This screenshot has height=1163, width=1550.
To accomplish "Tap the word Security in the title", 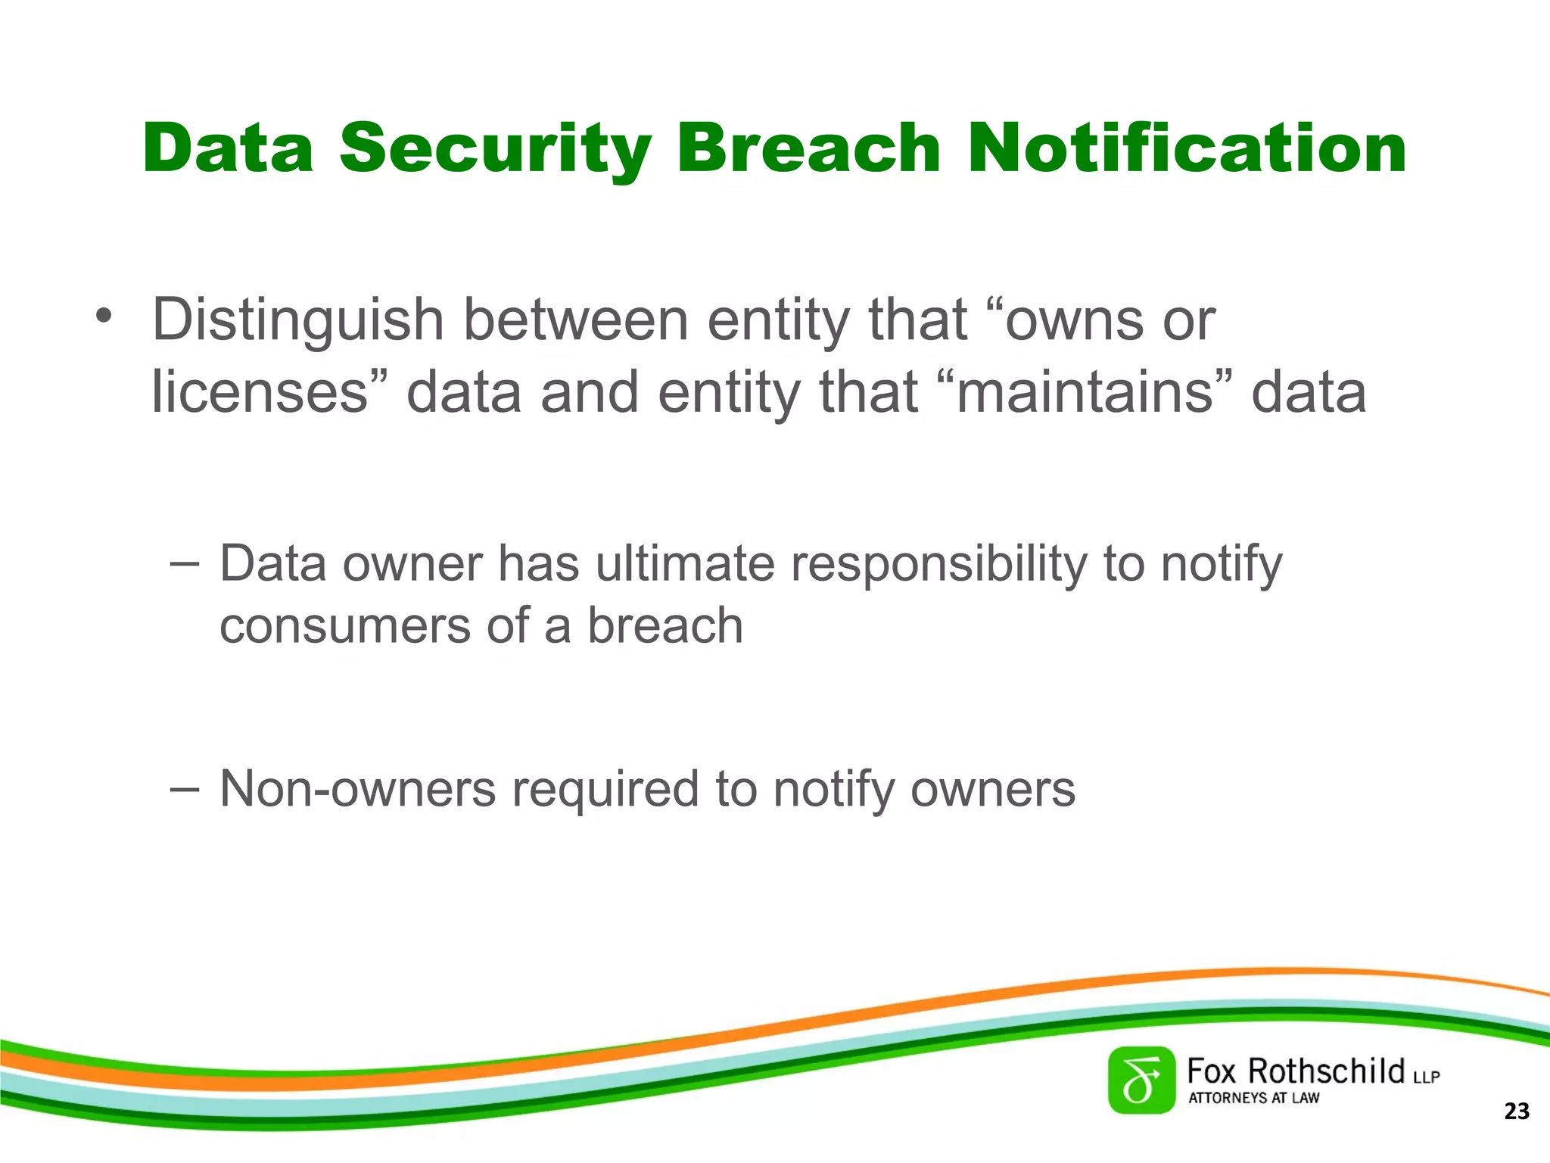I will pyautogui.click(x=495, y=149).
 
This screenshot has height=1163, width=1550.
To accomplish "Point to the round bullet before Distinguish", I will pyautogui.click(x=104, y=316).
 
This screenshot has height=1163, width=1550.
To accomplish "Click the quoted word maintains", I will pyautogui.click(x=1085, y=392).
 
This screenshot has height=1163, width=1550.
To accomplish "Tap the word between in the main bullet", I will pyautogui.click(x=575, y=320).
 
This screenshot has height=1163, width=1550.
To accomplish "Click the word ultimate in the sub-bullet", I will pyautogui.click(x=684, y=564).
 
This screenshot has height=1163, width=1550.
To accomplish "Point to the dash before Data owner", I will pyautogui.click(x=185, y=563).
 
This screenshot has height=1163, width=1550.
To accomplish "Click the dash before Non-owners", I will pyautogui.click(x=185, y=788).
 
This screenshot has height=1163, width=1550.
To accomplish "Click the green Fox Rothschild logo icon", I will pyautogui.click(x=1141, y=1080).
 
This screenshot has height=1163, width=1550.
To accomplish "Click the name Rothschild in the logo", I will pyautogui.click(x=1325, y=1071).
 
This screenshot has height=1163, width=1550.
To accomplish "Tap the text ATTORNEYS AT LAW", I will pyautogui.click(x=1253, y=1098).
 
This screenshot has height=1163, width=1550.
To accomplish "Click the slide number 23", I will pyautogui.click(x=1517, y=1112).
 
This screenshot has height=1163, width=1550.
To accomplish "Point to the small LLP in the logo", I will pyautogui.click(x=1426, y=1077).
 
